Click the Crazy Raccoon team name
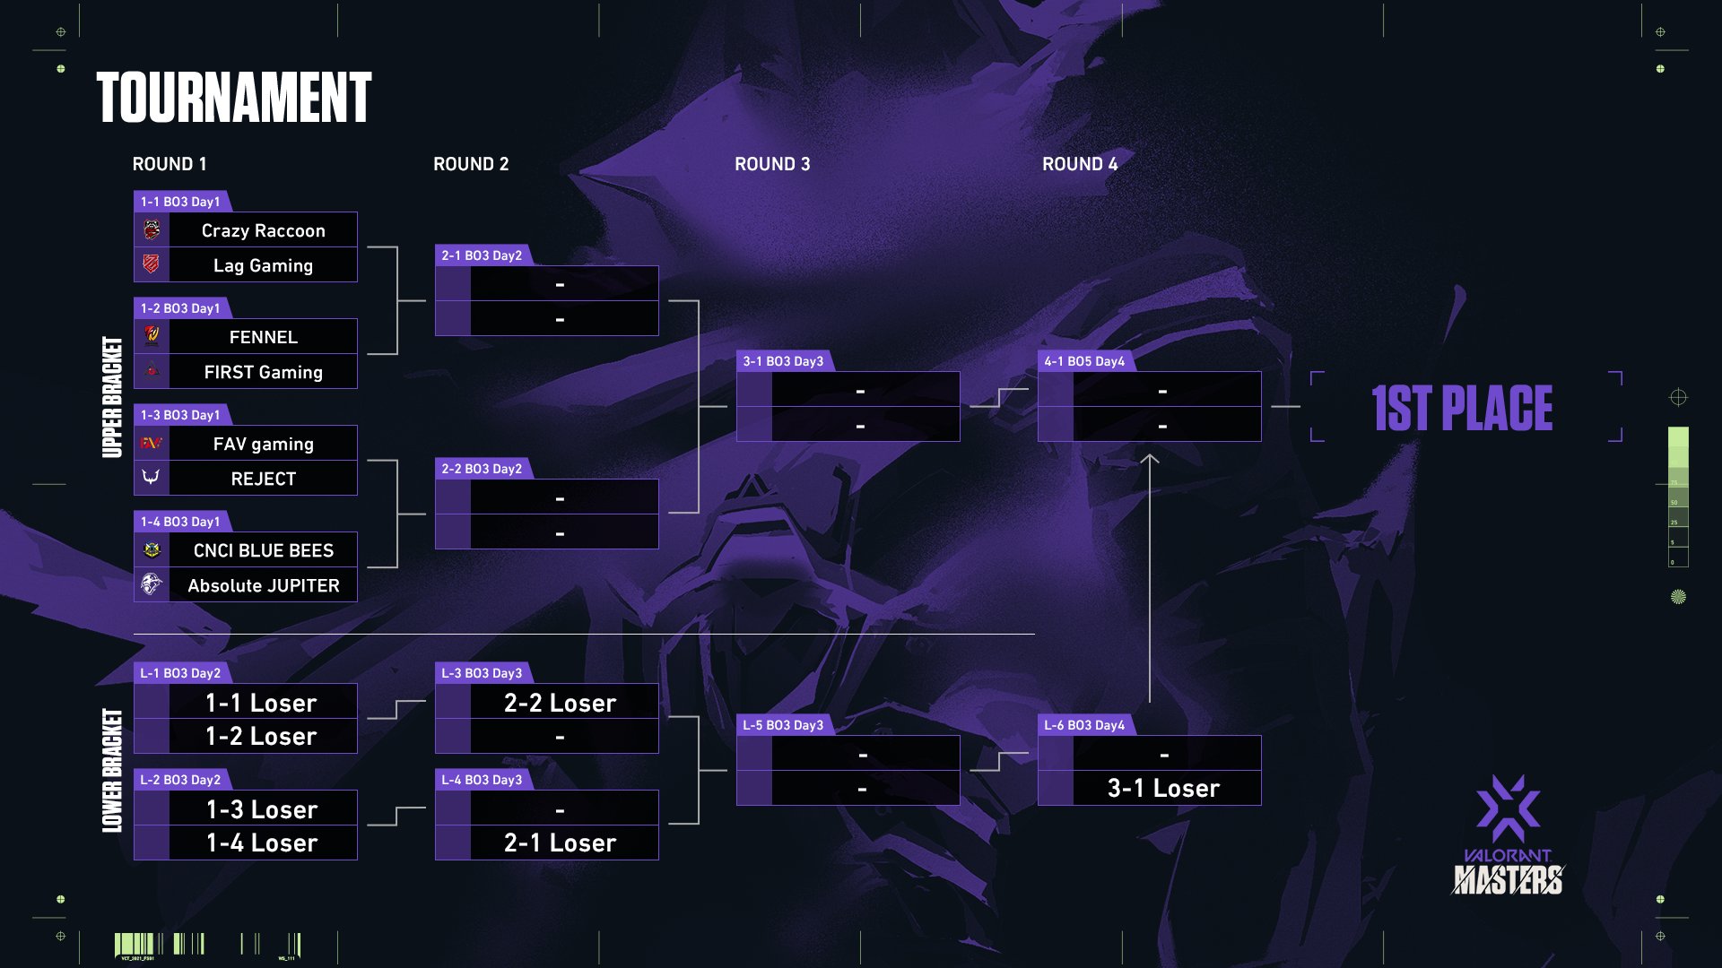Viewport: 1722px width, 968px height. point(263,230)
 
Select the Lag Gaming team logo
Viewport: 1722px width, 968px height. point(152,264)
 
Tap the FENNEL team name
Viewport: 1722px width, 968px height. point(263,337)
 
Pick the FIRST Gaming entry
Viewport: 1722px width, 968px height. point(263,372)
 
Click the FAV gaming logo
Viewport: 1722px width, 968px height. point(152,443)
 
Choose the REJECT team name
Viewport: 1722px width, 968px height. point(263,479)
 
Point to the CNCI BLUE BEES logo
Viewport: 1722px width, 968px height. point(152,549)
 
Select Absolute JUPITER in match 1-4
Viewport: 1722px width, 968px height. point(263,585)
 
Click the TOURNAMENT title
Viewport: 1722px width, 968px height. point(234,98)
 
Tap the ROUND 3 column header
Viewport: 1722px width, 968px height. point(772,164)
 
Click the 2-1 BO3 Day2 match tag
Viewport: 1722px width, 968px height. point(482,255)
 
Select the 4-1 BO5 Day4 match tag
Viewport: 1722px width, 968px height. point(1084,361)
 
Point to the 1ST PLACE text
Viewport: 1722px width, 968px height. point(1462,408)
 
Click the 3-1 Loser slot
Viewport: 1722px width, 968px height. point(1163,788)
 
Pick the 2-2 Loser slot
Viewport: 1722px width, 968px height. point(560,703)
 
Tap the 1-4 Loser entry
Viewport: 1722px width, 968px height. point(262,843)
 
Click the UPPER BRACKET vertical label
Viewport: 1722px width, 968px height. point(112,397)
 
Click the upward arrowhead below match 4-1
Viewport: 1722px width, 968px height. point(1150,460)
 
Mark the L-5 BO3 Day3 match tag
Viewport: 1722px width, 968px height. point(783,725)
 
